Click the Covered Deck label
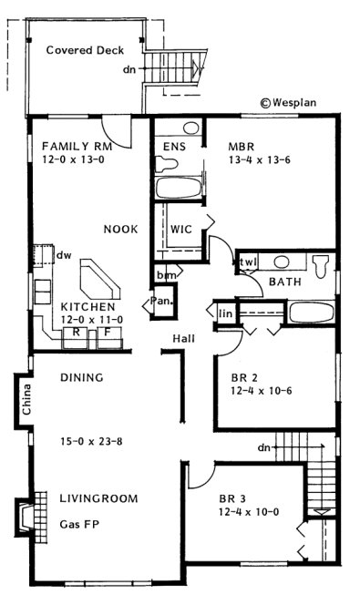[x=85, y=50]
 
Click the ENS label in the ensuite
[x=174, y=146]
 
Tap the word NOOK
[x=120, y=229]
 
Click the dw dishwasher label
[x=63, y=255]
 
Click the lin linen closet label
[x=225, y=313]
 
